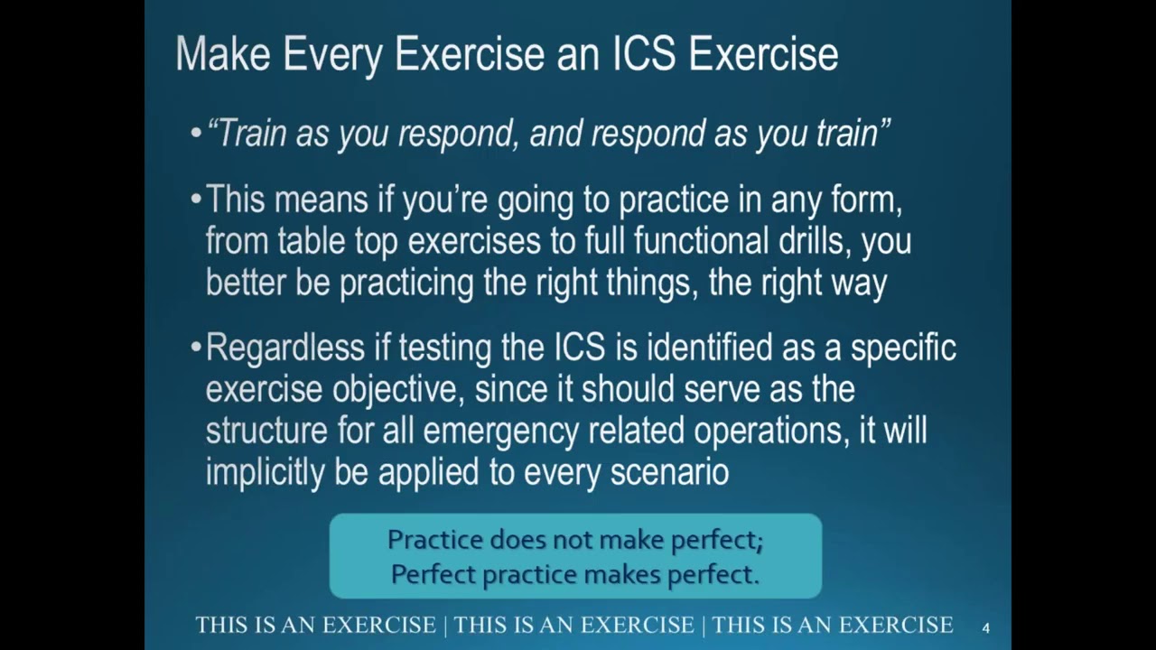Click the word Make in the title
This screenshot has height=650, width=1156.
click(222, 54)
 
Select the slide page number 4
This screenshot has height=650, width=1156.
click(985, 627)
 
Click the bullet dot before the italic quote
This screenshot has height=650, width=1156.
click(196, 135)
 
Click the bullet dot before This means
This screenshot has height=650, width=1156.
click(196, 200)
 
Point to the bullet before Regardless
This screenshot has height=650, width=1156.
click(196, 348)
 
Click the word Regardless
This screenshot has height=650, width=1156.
click(284, 348)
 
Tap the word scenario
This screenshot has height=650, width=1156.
click(669, 472)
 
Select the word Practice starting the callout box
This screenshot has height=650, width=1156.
click(434, 540)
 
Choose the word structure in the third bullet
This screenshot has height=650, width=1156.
click(266, 431)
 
